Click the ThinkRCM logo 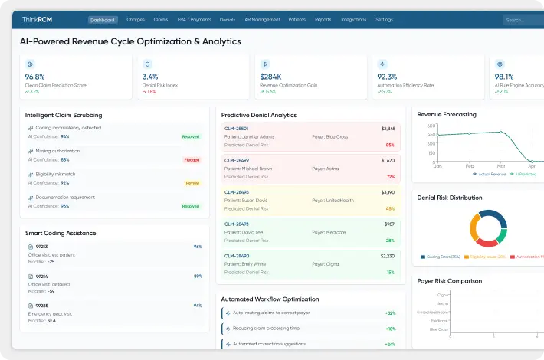pyautogui.click(x=37, y=20)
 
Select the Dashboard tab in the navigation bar pyautogui.click(x=103, y=20)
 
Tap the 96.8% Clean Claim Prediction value pyautogui.click(x=35, y=77)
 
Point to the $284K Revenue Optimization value pyautogui.click(x=271, y=77)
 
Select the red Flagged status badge pyautogui.click(x=192, y=160)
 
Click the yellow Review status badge pyautogui.click(x=192, y=183)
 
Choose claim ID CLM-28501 pyautogui.click(x=236, y=129)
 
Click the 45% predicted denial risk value pyautogui.click(x=390, y=208)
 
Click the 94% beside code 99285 pyautogui.click(x=198, y=305)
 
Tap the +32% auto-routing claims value pyautogui.click(x=389, y=313)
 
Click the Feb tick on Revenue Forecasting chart pyautogui.click(x=470, y=165)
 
